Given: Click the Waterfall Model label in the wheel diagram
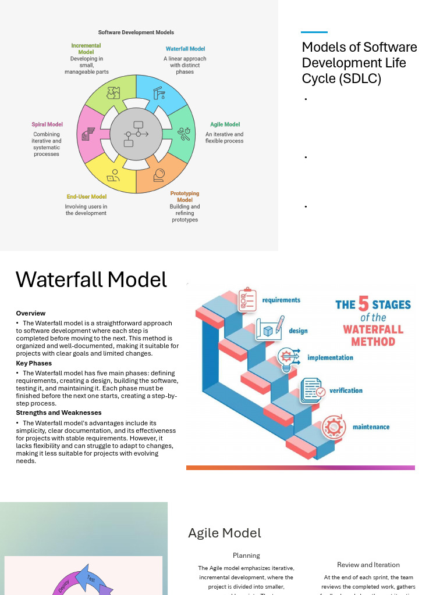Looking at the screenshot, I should click(185, 49).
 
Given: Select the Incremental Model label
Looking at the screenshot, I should click(86, 49).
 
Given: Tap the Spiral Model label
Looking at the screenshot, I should click(47, 124).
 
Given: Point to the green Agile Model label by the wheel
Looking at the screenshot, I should click(225, 124).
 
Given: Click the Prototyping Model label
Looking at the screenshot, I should click(185, 196).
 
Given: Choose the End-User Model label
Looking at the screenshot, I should click(86, 196).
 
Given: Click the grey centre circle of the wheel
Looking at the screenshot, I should click(136, 134).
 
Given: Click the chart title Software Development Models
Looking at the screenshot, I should click(136, 33).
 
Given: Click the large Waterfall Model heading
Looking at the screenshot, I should click(91, 279).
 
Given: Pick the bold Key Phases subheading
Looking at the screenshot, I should click(34, 363).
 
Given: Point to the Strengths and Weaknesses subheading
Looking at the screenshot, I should click(59, 413).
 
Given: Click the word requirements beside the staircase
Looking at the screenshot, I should click(281, 300).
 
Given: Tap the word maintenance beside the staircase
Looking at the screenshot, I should click(371, 427).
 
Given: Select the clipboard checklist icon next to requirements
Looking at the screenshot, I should click(247, 299).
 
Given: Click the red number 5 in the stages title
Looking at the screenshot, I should click(363, 304).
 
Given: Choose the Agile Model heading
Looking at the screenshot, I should click(225, 533).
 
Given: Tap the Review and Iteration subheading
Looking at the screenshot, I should click(368, 565).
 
